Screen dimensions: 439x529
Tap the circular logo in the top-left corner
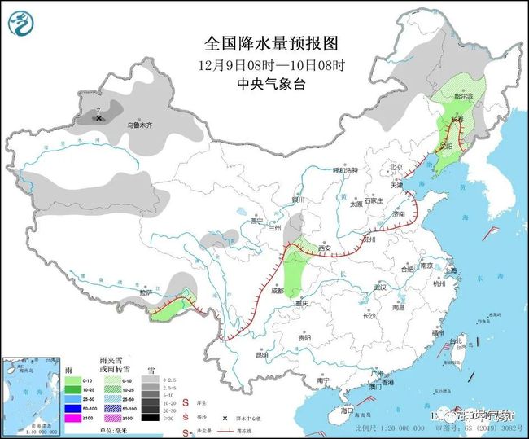[22, 25]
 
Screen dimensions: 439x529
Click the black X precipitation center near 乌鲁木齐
[99, 118]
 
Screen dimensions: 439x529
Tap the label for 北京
[396, 167]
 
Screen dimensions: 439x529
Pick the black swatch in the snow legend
[149, 417]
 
